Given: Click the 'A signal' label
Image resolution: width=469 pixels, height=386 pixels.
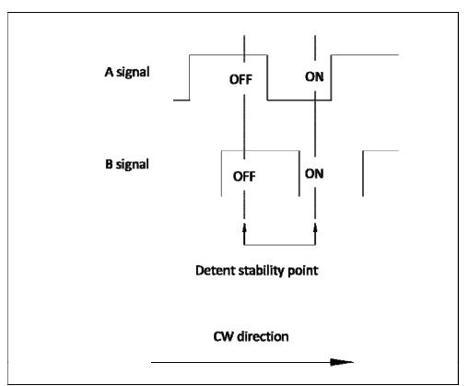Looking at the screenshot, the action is click(127, 73).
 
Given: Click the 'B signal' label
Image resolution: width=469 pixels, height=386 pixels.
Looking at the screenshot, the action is click(127, 164).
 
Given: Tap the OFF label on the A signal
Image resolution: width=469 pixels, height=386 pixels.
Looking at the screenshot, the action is click(240, 79).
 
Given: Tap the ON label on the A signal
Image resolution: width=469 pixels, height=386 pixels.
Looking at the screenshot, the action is click(314, 76).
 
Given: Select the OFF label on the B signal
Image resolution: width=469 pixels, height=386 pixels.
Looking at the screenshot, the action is click(244, 177).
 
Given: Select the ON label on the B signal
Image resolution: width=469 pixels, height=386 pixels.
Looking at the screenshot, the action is click(314, 174).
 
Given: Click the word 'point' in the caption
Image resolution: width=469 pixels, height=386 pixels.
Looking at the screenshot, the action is click(303, 272).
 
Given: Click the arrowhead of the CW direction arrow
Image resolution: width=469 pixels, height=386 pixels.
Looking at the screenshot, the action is click(342, 362).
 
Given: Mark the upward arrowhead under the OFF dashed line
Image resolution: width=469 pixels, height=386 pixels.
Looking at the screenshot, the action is click(244, 228).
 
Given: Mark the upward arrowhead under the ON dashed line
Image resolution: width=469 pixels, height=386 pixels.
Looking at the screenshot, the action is click(315, 228).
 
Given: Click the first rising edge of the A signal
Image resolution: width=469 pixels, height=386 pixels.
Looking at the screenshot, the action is click(190, 77).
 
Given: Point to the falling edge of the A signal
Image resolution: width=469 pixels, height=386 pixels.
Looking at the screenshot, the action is click(267, 77).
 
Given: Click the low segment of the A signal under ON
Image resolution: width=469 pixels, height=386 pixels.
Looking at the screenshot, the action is click(299, 99).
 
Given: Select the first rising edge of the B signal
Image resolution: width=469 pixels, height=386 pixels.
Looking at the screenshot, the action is click(221, 173).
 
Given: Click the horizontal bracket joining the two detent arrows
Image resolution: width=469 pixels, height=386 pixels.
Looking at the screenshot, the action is click(280, 245).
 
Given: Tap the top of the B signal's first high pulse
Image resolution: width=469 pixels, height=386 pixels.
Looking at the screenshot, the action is click(261, 151).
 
